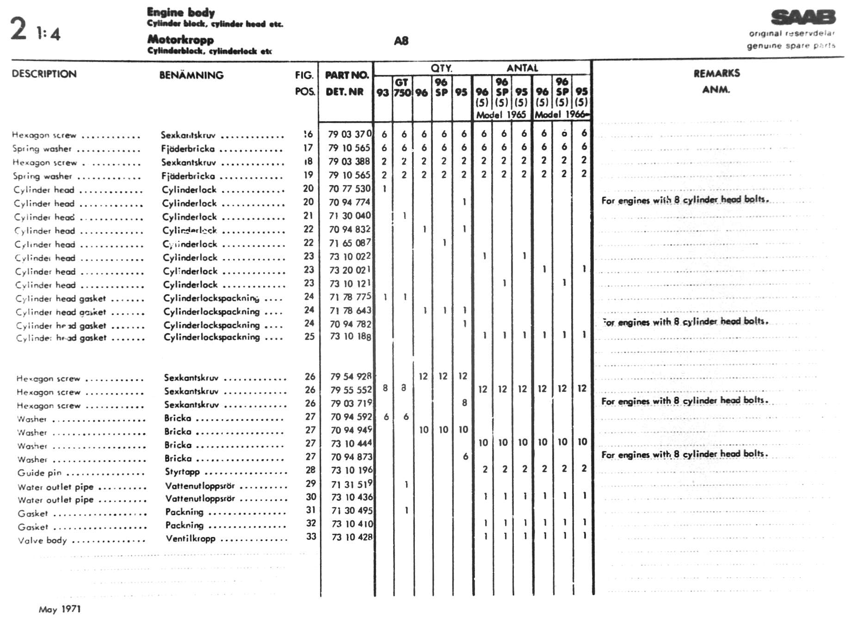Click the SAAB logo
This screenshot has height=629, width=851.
point(803,18)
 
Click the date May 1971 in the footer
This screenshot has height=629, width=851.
point(60,609)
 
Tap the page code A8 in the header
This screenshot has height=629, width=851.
point(401,41)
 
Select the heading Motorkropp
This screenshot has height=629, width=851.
point(180,40)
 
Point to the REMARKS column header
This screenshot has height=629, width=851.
point(716,73)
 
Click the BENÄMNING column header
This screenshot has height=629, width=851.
point(191,75)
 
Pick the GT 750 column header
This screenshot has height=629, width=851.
point(402,87)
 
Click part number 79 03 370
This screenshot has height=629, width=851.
point(349,134)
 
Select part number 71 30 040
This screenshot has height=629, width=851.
point(350,216)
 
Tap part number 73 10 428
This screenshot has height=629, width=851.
point(351,537)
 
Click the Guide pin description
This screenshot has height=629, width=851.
point(39,473)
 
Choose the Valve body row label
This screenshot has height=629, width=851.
point(42,540)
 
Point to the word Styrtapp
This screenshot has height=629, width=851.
point(182,472)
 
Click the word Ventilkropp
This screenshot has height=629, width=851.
point(191,538)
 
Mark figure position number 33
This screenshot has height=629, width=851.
point(311,536)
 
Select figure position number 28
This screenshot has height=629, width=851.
point(310,470)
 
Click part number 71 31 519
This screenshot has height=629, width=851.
point(351,484)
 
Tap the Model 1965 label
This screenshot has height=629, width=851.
point(501,115)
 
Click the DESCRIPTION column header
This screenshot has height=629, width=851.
point(44,74)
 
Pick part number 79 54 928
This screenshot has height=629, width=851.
point(351,376)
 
